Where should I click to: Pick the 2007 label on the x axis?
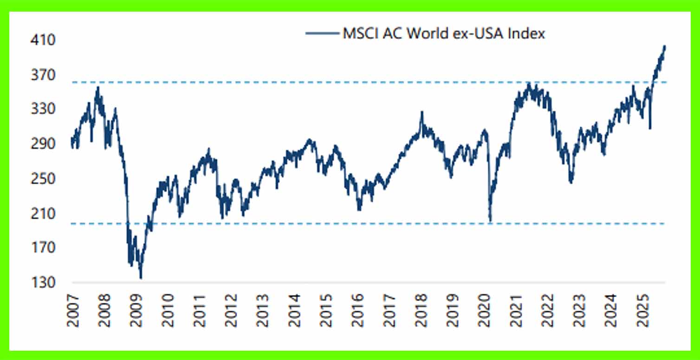(73, 310)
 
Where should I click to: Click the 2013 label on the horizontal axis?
(263, 310)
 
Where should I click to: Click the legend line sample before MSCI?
(322, 33)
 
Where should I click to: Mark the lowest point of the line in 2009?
(141, 278)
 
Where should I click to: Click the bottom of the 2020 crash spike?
(490, 222)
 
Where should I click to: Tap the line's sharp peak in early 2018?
(421, 112)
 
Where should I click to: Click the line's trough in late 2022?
(570, 183)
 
